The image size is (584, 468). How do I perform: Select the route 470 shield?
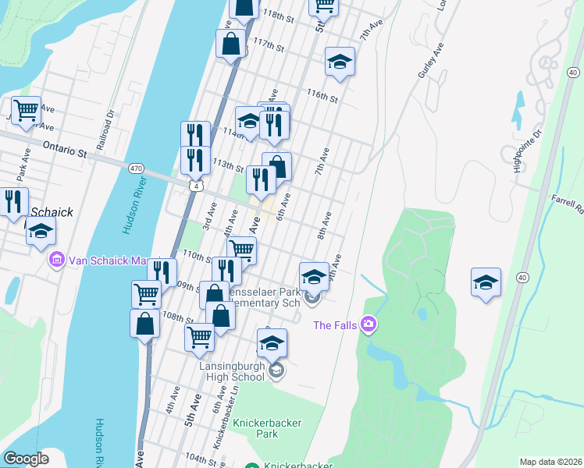click(x=137, y=168)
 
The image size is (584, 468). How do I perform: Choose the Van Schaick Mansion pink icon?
click(x=56, y=260)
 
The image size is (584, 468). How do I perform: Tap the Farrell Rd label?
click(x=568, y=205)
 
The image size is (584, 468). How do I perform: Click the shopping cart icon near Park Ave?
click(x=26, y=112)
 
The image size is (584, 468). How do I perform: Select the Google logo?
click(x=26, y=459)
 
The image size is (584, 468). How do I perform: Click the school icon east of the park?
click(x=486, y=282)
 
